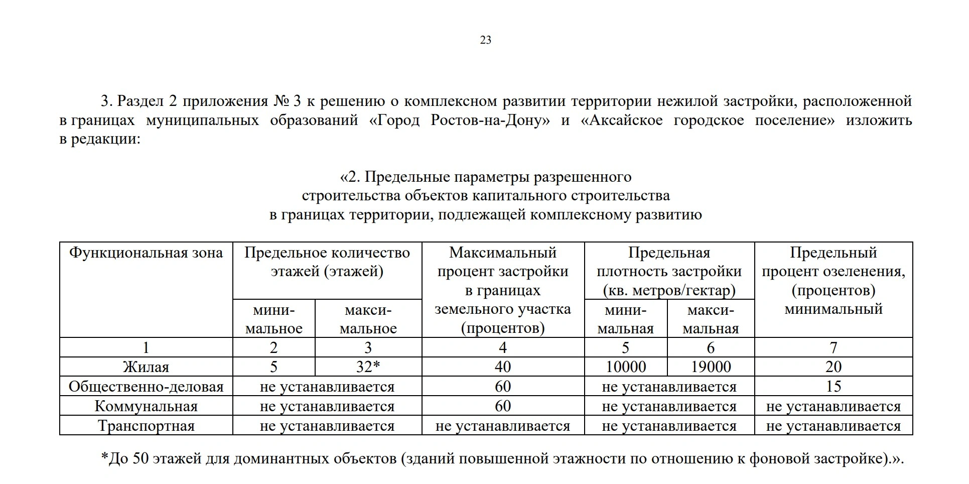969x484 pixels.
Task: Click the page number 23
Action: [x=485, y=40]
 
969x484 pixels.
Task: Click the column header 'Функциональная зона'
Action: [x=146, y=253]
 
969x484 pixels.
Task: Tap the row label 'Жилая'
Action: [x=146, y=367]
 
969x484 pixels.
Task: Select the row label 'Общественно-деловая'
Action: [x=146, y=387]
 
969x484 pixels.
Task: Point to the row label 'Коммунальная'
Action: [x=146, y=406]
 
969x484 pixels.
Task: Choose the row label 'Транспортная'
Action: [x=146, y=426]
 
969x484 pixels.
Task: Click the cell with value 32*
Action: [x=368, y=367]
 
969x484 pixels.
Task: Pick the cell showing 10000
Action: [x=626, y=367]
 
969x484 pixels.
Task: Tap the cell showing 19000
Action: [x=711, y=367]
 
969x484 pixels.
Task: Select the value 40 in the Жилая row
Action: [x=503, y=367]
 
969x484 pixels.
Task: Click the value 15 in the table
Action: [x=833, y=387]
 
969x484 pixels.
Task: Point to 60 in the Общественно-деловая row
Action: [x=503, y=387]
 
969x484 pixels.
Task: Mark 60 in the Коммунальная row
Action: [x=503, y=406]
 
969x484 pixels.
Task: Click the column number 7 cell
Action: [x=833, y=347]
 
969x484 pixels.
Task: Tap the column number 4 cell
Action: [x=503, y=347]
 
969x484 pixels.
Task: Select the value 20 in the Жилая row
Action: [x=833, y=367]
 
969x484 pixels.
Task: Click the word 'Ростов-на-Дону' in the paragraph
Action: [x=489, y=120]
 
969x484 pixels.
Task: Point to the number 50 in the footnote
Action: [x=141, y=459]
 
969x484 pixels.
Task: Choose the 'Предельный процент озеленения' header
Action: [x=833, y=281]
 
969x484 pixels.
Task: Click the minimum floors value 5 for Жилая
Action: [x=273, y=367]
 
